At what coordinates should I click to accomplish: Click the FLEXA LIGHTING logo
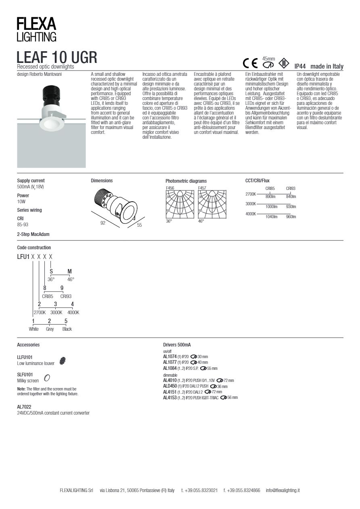pos(36,30)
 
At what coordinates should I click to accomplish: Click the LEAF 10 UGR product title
pos(57,57)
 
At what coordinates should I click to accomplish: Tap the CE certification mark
pos(250,64)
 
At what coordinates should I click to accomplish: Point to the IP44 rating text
pos(300,67)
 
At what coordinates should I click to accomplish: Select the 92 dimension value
pos(103,222)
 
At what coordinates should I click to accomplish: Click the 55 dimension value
pos(139,225)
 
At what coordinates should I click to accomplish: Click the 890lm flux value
pos(270,197)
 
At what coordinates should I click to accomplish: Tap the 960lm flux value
pos(291,217)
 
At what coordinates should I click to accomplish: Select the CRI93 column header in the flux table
pos(291,188)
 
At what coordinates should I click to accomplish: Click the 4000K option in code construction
pos(73,312)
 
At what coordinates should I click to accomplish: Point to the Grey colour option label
pos(50,329)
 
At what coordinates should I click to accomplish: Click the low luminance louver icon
pos(62,361)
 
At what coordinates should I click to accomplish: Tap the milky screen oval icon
pos(47,378)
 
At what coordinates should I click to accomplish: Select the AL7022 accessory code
pos(24,407)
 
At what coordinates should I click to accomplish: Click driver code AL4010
pos(170,380)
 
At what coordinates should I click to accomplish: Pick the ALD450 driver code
pos(170,386)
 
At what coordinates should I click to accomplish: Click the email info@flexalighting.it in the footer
pos(283,490)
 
